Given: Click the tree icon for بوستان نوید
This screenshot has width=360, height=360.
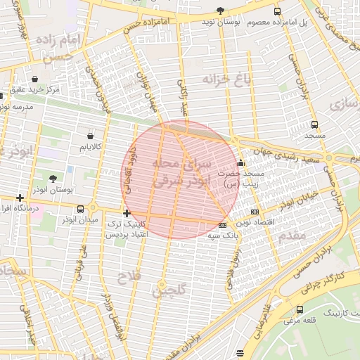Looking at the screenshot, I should point(220,11).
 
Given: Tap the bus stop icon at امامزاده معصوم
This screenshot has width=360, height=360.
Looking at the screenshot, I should point(277,11).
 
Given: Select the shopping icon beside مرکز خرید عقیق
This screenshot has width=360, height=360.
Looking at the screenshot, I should point(35,78).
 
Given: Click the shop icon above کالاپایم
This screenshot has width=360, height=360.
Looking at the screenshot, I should point(90,135).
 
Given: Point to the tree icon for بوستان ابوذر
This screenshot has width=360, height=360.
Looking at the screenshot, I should point(53,179).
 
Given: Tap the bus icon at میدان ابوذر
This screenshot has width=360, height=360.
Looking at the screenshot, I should point(81,209).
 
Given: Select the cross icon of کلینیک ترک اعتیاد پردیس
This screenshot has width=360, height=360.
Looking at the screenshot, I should point(127,213).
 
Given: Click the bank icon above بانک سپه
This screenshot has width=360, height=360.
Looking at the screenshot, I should point(223,225).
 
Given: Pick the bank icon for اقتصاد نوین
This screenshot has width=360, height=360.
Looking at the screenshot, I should point(254,212).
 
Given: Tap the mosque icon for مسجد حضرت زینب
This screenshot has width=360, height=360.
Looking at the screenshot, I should point(241,163).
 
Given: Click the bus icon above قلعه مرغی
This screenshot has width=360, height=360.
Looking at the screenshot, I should point(300,309).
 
